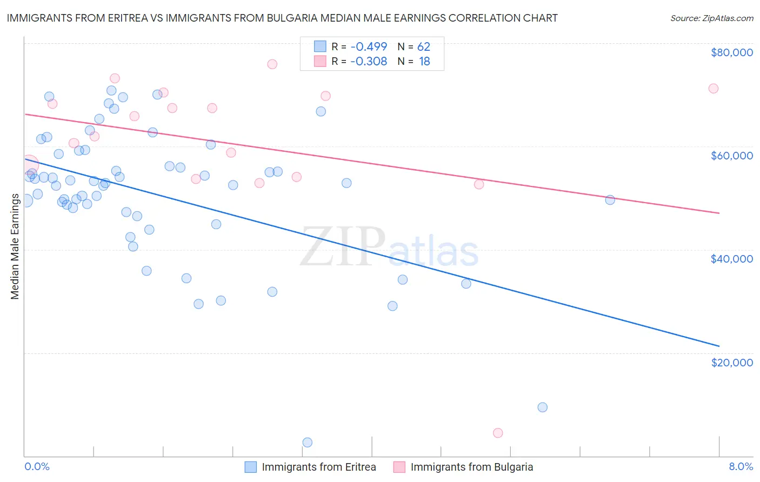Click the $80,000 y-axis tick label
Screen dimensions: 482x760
point(732,52)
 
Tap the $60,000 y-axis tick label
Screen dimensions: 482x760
point(732,156)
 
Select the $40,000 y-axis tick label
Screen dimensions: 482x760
point(732,259)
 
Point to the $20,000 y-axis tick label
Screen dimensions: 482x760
point(732,362)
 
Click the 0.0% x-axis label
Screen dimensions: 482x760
point(37,466)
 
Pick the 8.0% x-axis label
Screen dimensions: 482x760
point(741,466)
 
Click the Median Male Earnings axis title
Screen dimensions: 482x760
point(15,246)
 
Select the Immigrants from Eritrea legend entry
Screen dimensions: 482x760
point(310,467)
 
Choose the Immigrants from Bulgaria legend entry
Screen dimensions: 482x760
point(463,467)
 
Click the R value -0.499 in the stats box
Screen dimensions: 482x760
point(369,46)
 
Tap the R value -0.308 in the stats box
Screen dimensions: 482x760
point(369,62)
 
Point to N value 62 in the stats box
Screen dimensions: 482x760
point(424,46)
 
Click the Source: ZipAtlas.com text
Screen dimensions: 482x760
point(711,18)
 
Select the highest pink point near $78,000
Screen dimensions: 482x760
point(272,64)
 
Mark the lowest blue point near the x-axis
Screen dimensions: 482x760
point(308,443)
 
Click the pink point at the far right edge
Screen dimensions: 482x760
point(714,89)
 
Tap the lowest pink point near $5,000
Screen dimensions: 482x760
point(498,433)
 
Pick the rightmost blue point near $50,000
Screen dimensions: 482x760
point(610,200)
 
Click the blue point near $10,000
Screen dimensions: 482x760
point(543,407)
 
